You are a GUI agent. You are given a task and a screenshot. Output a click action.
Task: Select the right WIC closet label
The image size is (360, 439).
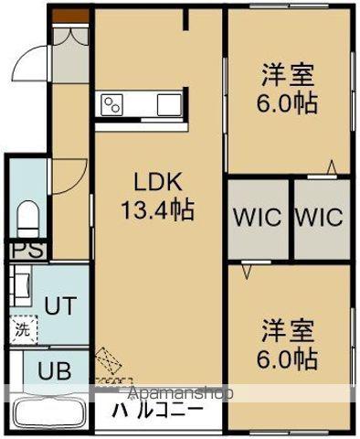[319, 218]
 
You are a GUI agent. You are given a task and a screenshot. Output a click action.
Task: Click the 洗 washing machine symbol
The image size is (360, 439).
[20, 331]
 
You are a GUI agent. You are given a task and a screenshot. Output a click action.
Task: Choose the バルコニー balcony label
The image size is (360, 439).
[156, 412]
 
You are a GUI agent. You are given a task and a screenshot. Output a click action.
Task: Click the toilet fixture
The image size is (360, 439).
[27, 219]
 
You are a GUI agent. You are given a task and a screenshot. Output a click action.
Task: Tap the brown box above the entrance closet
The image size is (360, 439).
[66, 16]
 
